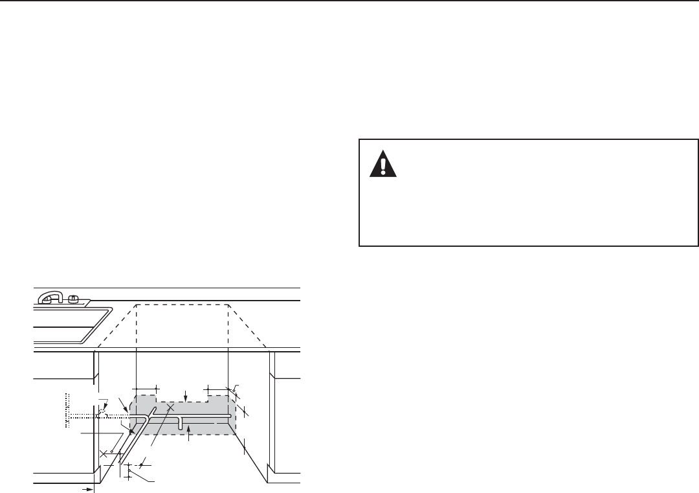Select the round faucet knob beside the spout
coord(73,299)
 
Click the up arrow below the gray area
coord(188,437)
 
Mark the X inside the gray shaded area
coord(170,408)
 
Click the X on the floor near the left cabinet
coord(104,453)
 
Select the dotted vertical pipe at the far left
coord(67,409)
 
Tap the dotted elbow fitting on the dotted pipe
coord(102,413)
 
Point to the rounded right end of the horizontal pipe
coord(229,415)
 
